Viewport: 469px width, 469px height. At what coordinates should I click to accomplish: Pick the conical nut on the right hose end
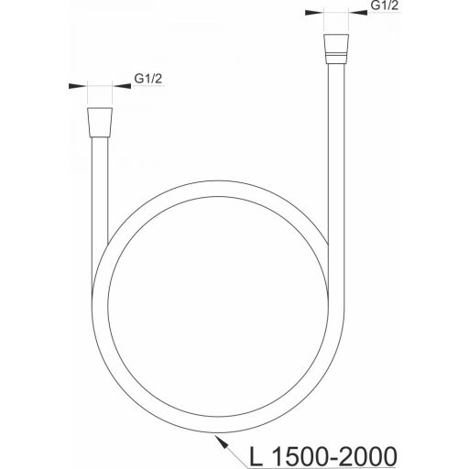(335, 47)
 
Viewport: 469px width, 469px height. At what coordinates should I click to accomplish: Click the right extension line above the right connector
(345, 22)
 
